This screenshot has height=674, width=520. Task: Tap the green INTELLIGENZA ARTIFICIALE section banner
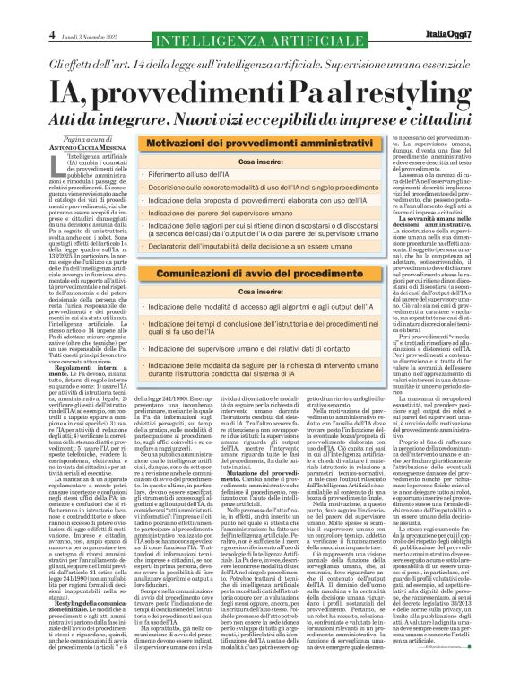[260, 39]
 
